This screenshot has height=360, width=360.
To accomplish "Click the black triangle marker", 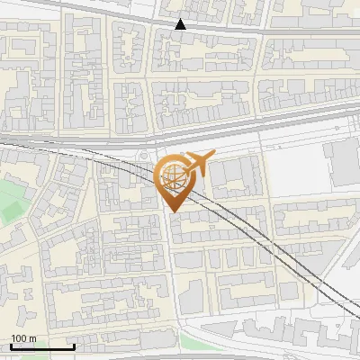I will [181, 24].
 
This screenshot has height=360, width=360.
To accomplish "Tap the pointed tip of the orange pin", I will [172, 211].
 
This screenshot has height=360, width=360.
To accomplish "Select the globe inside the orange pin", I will [172, 177].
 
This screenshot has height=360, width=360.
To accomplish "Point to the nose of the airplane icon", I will [213, 156].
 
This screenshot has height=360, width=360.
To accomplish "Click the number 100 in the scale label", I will [19, 337].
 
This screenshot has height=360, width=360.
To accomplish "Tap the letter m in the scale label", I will [31, 337].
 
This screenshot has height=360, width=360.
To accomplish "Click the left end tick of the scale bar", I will [11, 345].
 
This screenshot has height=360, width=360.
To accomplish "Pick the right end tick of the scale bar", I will [74, 345].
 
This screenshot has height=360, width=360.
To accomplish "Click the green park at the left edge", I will [9, 200].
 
